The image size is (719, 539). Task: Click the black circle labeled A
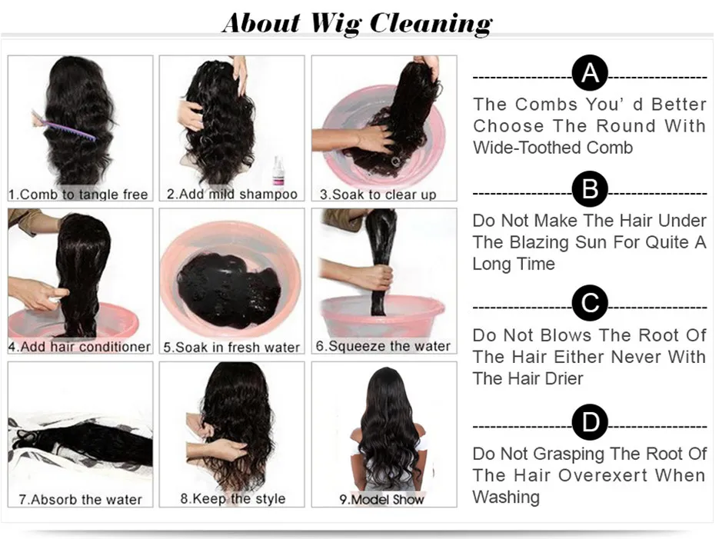pos(590,73)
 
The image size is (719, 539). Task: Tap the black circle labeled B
pos(590,189)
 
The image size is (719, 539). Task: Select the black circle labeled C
pos(590,303)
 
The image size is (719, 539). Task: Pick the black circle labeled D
pos(590,422)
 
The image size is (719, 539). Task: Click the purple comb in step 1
pos(64,125)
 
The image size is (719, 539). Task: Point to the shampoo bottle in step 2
pos(278,171)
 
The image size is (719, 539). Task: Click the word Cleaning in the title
pos(431,23)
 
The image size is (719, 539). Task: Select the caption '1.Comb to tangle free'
pos(78,195)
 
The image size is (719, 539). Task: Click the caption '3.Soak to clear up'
pos(378,195)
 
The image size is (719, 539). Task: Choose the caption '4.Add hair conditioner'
pos(79,347)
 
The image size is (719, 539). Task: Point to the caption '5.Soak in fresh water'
pos(231,348)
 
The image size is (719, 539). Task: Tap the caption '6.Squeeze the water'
pos(384,347)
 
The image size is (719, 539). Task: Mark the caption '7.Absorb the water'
pos(80,500)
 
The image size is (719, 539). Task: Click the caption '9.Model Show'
pos(381,500)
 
